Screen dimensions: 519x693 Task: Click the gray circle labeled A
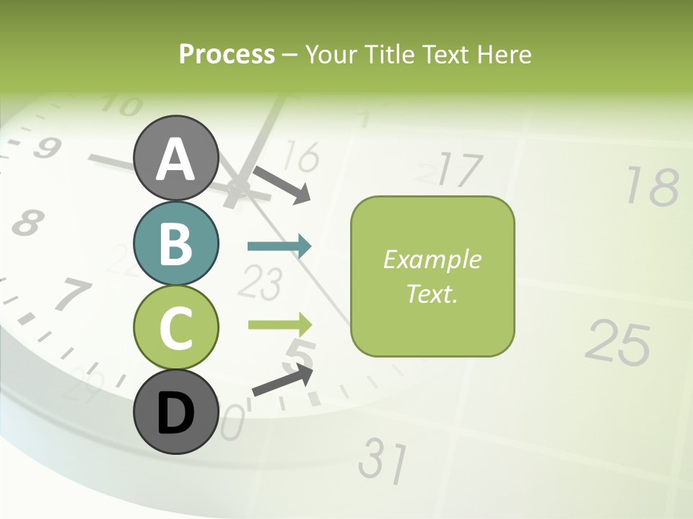point(176,159)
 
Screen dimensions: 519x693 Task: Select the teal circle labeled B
point(176,243)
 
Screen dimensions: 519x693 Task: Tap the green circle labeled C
point(176,327)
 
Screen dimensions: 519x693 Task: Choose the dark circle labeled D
point(176,412)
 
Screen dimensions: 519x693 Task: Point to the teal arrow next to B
point(279,247)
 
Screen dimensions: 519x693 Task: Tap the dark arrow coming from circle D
point(282,380)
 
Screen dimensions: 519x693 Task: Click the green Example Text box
point(432,276)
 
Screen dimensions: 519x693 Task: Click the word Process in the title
point(227,54)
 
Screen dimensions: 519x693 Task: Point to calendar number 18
point(652,186)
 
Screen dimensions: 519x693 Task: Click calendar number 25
point(618,342)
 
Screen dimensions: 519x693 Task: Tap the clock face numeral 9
point(46,148)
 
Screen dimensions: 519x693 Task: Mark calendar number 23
point(258,282)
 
